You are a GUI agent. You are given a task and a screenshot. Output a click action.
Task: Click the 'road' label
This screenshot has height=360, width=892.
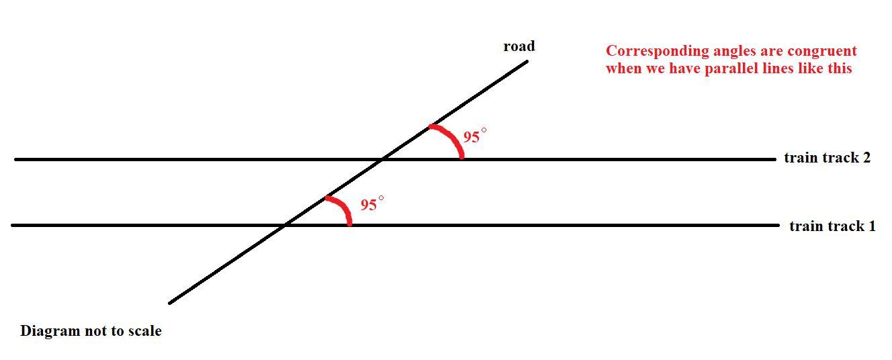(x=519, y=46)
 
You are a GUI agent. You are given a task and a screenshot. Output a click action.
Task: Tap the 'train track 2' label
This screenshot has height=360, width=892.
(x=827, y=158)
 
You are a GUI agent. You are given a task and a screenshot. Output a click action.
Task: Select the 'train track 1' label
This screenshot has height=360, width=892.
(x=832, y=226)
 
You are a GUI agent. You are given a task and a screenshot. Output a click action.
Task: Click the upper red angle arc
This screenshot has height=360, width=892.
(x=451, y=137)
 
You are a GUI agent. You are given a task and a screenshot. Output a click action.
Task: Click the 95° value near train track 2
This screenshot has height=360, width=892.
(x=474, y=137)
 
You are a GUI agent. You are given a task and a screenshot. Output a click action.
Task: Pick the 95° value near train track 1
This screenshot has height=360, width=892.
(x=371, y=205)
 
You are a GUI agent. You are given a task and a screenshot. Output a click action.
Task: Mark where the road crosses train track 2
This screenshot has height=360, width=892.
(x=382, y=159)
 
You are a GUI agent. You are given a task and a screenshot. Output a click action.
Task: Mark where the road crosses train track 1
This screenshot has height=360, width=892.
(x=285, y=225)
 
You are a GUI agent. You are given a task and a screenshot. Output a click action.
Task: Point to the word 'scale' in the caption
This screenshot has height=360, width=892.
(x=145, y=331)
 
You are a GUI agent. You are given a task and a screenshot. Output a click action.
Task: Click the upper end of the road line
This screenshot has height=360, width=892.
(x=527, y=61)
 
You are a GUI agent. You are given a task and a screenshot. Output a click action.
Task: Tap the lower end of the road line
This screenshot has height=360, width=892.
(x=169, y=303)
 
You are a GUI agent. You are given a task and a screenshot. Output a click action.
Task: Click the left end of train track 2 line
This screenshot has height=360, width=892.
(x=15, y=159)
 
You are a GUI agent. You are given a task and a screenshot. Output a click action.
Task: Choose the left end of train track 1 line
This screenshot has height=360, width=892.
(x=13, y=225)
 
